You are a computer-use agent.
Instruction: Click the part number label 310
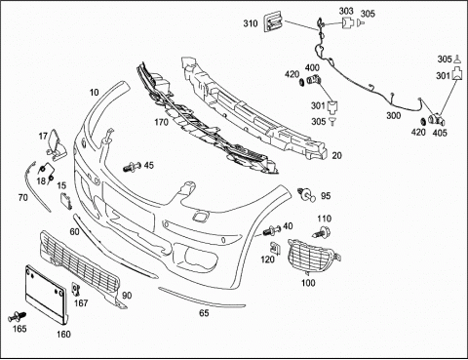click(x=251, y=23)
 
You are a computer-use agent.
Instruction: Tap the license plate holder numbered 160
click(x=46, y=295)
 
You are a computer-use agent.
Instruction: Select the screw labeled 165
click(x=17, y=316)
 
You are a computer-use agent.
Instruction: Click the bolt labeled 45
click(x=132, y=167)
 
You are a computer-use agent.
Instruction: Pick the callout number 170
click(x=161, y=122)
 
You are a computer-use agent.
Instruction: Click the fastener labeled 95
click(x=306, y=194)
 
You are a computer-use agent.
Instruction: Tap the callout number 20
click(x=336, y=156)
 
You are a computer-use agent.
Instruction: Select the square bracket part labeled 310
click(x=273, y=21)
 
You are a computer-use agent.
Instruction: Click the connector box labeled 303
click(x=347, y=23)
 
